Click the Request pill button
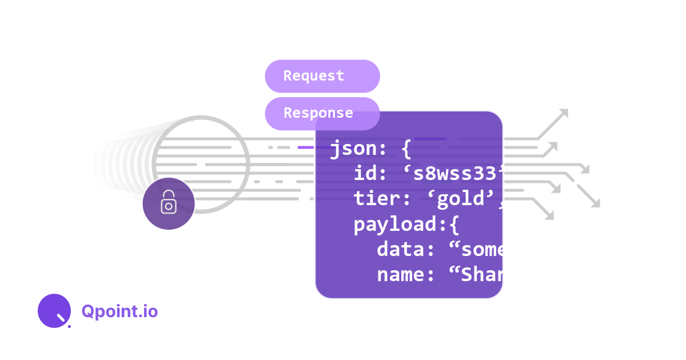pyautogui.click(x=322, y=76)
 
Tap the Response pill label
pyautogui.click(x=318, y=113)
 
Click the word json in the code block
pyautogui.click(x=353, y=150)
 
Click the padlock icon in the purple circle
pyautogui.click(x=169, y=203)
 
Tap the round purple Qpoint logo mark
pyautogui.click(x=54, y=311)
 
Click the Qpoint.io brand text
pyautogui.click(x=119, y=311)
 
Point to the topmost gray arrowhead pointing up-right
pyautogui.click(x=564, y=113)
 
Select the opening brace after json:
pyautogui.click(x=406, y=150)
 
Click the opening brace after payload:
pyautogui.click(x=453, y=225)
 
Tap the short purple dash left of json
pyautogui.click(x=306, y=147)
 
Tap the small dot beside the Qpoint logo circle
pyautogui.click(x=69, y=326)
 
